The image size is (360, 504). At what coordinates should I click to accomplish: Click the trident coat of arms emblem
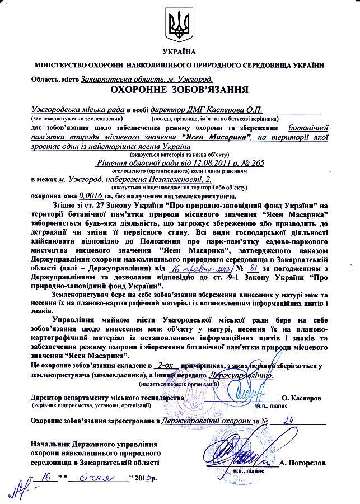(x=180, y=25)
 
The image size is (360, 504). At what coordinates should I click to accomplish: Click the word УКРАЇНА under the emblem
(x=180, y=53)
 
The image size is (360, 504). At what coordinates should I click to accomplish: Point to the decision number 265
(x=256, y=163)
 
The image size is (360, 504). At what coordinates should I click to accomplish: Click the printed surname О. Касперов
(x=309, y=397)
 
